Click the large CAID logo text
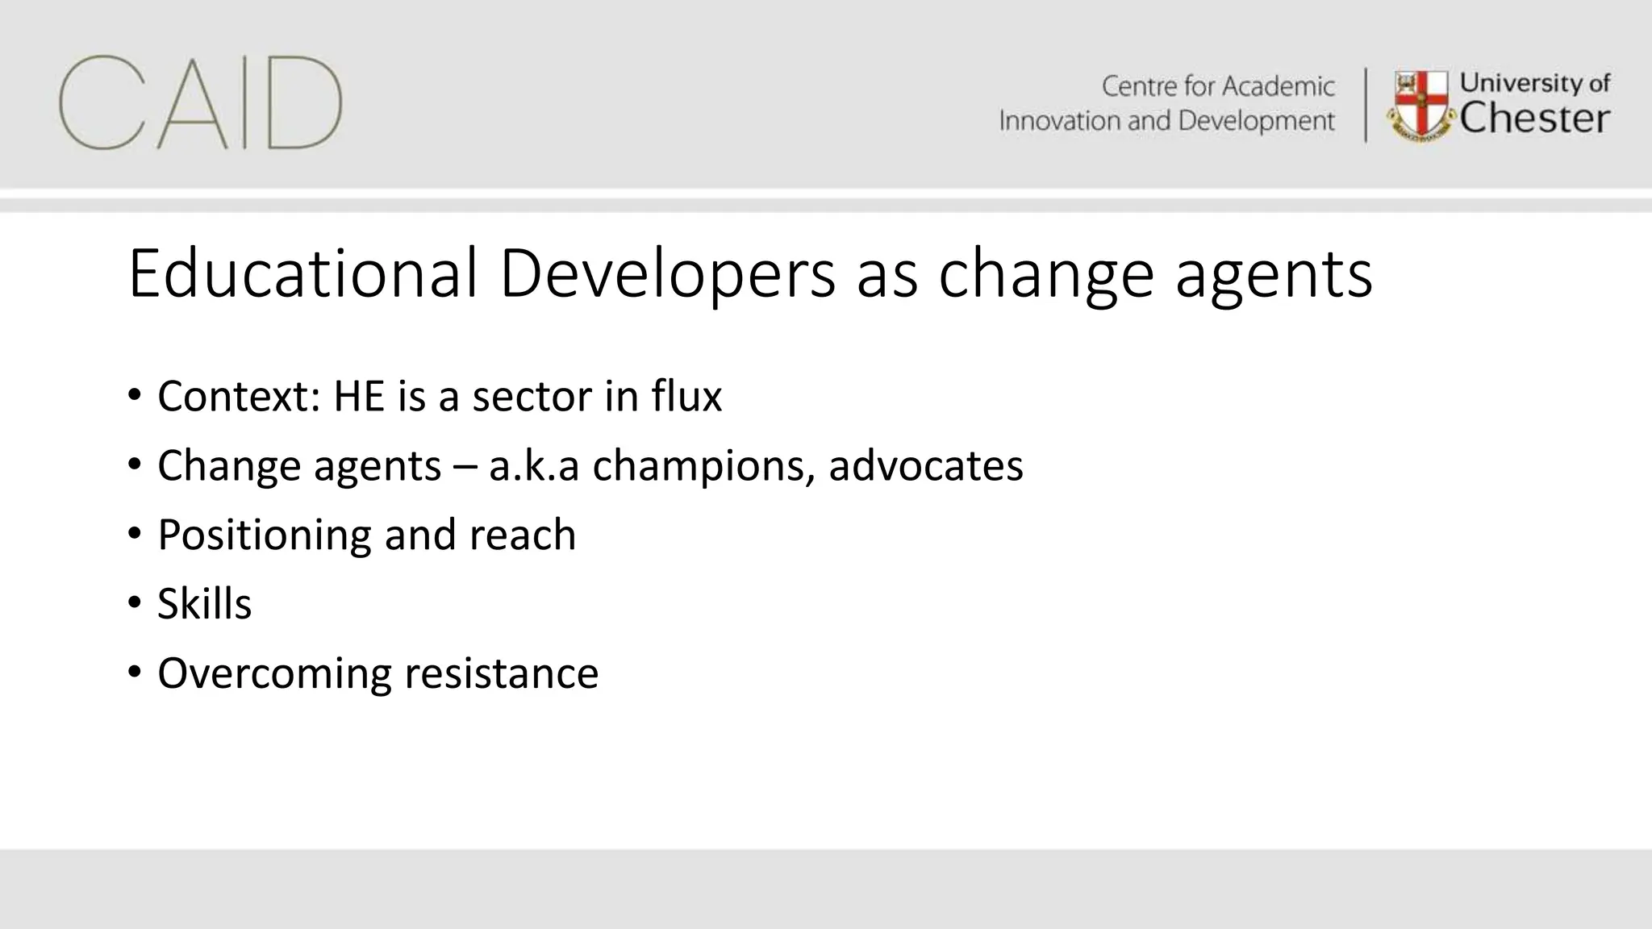[200, 103]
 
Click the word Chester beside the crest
[1534, 119]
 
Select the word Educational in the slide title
[302, 274]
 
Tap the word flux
[686, 396]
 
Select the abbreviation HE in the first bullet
[359, 396]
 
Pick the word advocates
[925, 465]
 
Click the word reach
[522, 535]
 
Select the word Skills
[204, 604]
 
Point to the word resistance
[501, 673]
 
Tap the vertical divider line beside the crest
[1366, 105]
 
